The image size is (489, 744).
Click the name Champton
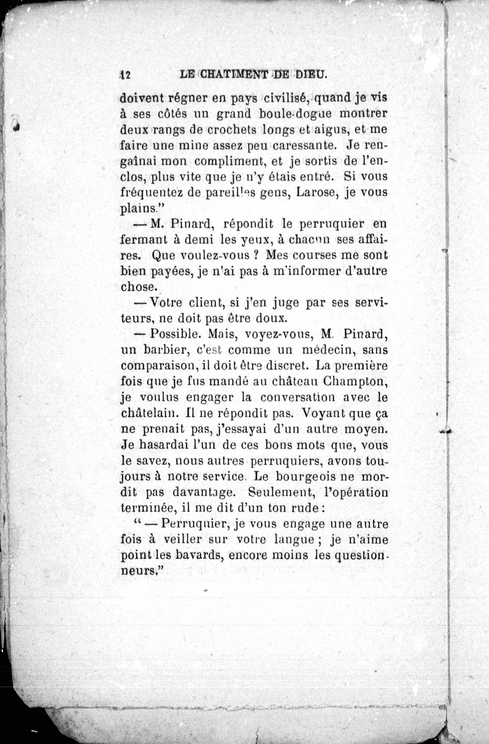[356, 382]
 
